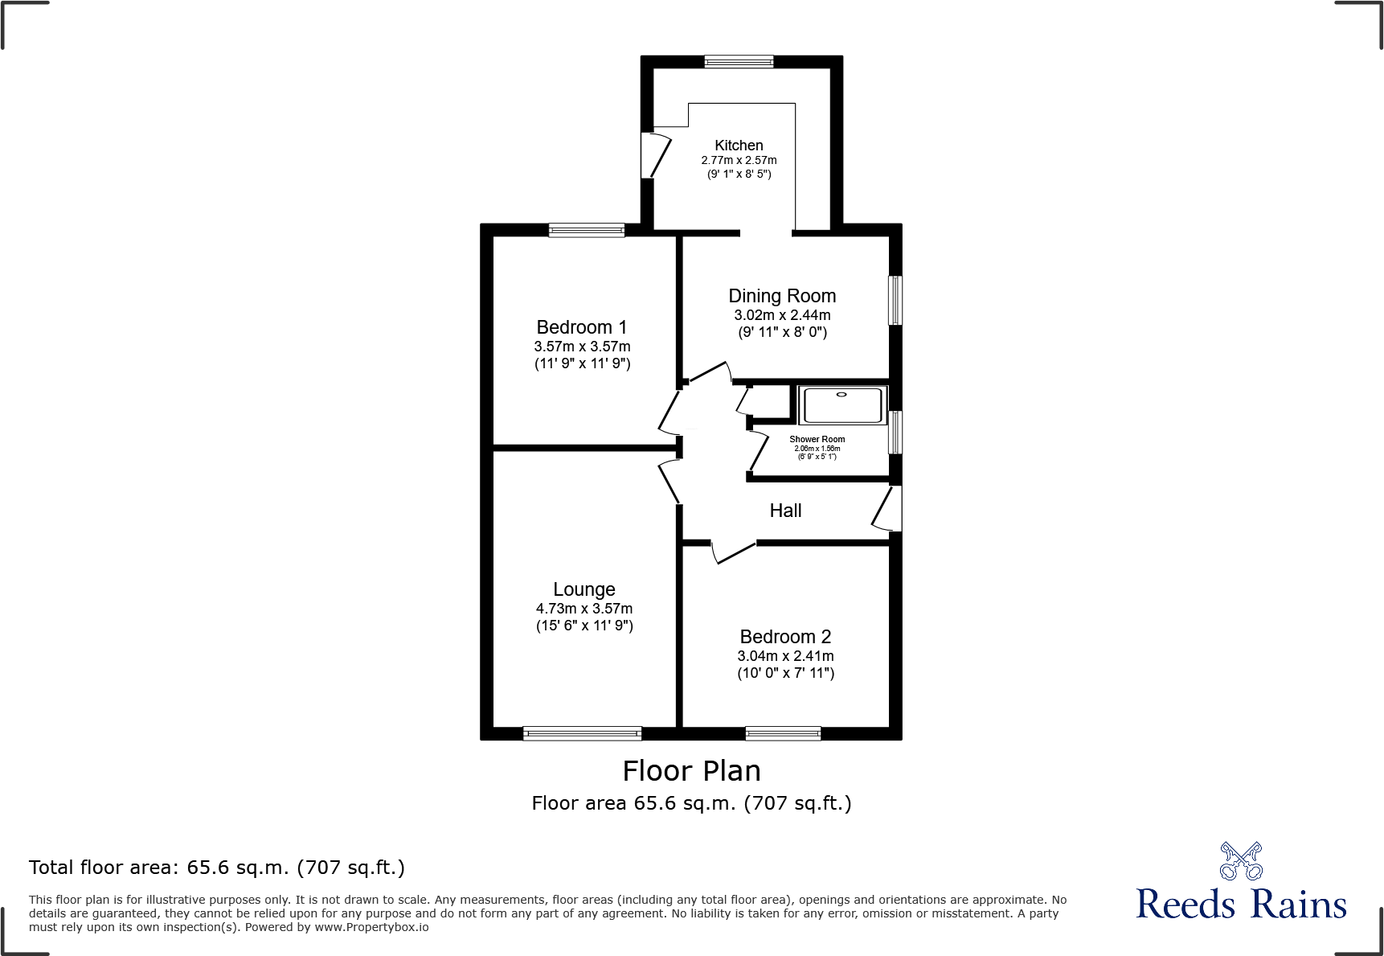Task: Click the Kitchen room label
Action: [x=739, y=146]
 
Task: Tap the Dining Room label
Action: [x=782, y=296]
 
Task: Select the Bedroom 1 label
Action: [x=581, y=327]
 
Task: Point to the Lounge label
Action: [x=583, y=589]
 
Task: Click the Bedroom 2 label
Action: [x=785, y=637]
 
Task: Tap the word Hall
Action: [x=785, y=511]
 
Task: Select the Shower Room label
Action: [x=817, y=439]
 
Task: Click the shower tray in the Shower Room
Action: [x=842, y=404]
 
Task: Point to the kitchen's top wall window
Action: [x=739, y=61]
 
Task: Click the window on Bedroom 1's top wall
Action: [x=586, y=230]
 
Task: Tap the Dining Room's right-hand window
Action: [x=895, y=301]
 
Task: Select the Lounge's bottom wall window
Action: [x=582, y=733]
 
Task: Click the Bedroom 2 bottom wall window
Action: [x=783, y=733]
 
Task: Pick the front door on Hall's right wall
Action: [x=887, y=509]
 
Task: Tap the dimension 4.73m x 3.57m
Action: [x=583, y=609]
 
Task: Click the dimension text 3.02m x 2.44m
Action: [x=782, y=315]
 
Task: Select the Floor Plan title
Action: [x=691, y=771]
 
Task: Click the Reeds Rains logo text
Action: [x=1240, y=905]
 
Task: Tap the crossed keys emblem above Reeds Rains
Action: [x=1240, y=861]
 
